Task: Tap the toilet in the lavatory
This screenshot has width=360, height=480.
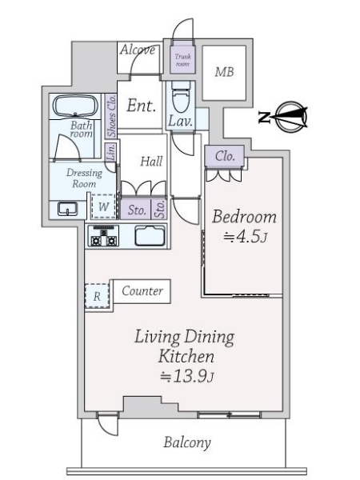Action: tap(182, 97)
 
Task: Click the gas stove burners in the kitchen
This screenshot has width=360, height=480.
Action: tap(104, 236)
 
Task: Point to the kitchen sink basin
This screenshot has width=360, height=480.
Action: tap(150, 236)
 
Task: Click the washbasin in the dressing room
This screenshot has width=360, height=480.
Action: tap(68, 209)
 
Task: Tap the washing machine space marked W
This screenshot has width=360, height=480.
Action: tap(103, 206)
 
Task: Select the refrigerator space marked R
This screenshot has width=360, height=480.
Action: tap(97, 296)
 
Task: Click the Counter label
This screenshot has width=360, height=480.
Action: tap(142, 291)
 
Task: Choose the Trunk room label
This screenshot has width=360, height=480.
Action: tap(182, 60)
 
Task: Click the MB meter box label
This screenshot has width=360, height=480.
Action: tap(224, 72)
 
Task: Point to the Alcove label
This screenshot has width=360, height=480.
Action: tap(138, 50)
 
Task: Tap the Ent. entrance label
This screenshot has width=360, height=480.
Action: tap(141, 106)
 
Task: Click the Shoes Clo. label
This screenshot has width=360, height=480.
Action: tap(111, 116)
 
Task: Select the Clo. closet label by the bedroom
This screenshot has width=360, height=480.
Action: tap(225, 157)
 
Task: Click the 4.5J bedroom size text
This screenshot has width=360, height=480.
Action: tap(246, 237)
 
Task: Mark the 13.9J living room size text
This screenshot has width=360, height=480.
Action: tap(186, 376)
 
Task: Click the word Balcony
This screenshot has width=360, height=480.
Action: tap(187, 442)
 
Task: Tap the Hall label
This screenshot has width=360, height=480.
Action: tap(151, 162)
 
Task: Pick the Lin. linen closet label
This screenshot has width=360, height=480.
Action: tap(111, 151)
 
